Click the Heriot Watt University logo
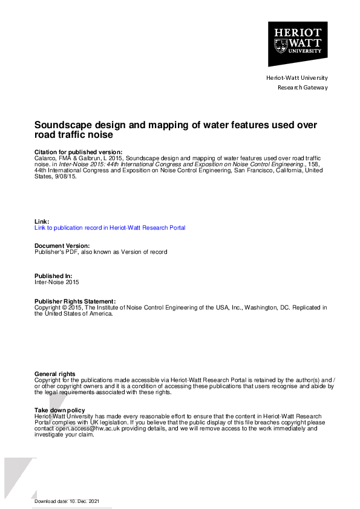(x=298, y=44)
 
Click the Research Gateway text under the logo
(x=302, y=88)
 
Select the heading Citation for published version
(x=78, y=152)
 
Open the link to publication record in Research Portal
(x=110, y=228)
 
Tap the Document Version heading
(x=62, y=246)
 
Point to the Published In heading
(x=53, y=276)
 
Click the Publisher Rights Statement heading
(x=74, y=301)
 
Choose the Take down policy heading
(x=60, y=410)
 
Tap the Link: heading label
(x=42, y=221)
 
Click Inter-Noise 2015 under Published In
(x=56, y=282)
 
